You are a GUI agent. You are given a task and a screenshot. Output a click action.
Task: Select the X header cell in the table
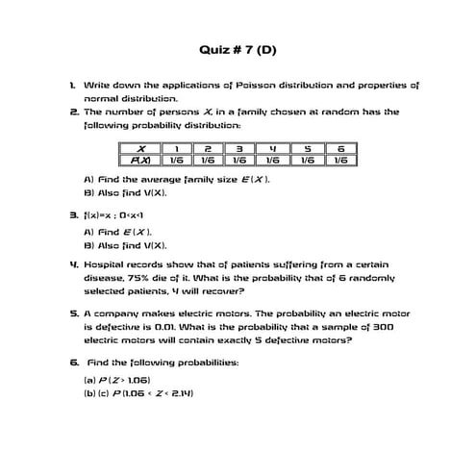(x=141, y=148)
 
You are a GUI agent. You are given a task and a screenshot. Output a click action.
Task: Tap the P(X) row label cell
(x=141, y=161)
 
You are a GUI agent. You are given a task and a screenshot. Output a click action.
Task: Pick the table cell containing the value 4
(x=272, y=148)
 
